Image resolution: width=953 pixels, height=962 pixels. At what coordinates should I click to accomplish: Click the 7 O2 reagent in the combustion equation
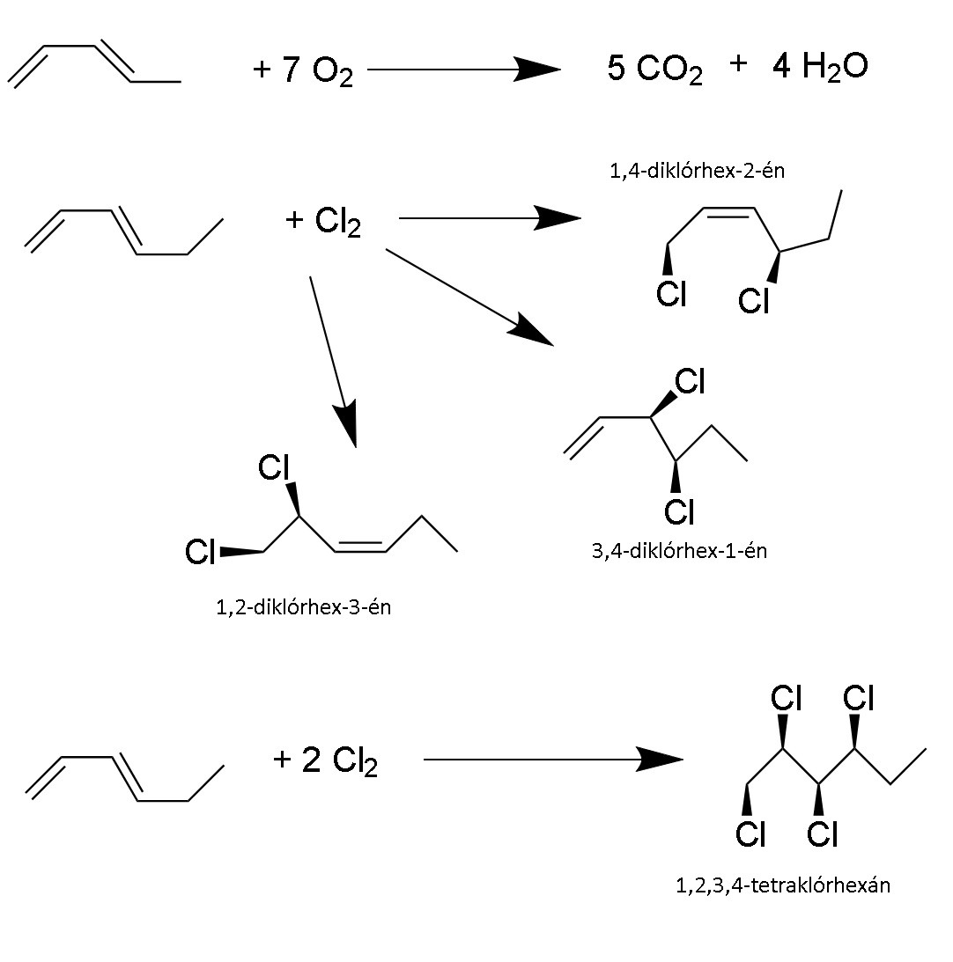[x=317, y=70]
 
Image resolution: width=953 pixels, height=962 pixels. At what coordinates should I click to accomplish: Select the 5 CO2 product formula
[x=654, y=69]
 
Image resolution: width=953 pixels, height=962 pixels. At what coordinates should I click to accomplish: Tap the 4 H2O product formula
[x=820, y=66]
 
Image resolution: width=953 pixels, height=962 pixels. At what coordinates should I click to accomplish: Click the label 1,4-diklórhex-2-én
[x=697, y=171]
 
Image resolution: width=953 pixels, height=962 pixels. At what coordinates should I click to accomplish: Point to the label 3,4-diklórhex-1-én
[x=679, y=551]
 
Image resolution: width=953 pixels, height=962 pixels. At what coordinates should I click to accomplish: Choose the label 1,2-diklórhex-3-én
[x=303, y=607]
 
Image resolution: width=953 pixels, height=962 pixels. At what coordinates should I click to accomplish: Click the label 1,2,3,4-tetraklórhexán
[x=783, y=885]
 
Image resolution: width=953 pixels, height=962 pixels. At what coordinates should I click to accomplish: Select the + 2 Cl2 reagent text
[x=325, y=760]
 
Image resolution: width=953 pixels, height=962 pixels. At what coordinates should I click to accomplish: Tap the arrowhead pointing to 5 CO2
[x=536, y=70]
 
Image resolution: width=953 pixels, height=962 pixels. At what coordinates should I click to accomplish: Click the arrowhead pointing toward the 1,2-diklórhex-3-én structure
[x=346, y=425]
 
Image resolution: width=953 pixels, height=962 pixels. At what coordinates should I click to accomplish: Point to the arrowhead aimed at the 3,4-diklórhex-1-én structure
[x=530, y=329]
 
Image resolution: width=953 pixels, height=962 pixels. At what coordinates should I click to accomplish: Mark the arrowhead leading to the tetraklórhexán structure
[x=659, y=760]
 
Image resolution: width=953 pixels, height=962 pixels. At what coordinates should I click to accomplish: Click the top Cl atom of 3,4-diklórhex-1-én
[x=691, y=382]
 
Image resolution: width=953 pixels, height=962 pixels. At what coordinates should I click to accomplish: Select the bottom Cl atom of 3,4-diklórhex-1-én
[x=679, y=511]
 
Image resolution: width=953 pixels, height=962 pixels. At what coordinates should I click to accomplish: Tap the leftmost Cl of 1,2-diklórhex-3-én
[x=200, y=552]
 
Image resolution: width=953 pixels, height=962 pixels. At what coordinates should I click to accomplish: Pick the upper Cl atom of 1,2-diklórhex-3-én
[x=273, y=467]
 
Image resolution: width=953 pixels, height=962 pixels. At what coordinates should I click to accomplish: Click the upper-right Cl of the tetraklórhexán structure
[x=859, y=698]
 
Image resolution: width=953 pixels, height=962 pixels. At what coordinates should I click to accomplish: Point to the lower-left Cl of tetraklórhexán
[x=750, y=833]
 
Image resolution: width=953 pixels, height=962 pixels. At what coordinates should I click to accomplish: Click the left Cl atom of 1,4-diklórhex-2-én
[x=671, y=294]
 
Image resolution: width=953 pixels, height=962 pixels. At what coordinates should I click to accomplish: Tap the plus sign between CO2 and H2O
[x=739, y=63]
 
